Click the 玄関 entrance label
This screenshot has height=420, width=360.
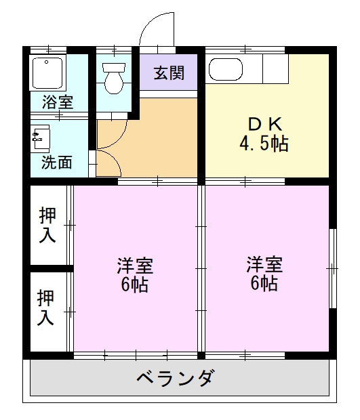[169, 72]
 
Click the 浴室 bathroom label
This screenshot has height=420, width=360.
[58, 103]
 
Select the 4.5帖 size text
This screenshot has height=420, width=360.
[263, 144]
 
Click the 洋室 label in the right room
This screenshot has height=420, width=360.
[264, 263]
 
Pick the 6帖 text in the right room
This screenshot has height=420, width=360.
[264, 283]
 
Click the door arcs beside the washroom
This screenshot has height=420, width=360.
[105, 152]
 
